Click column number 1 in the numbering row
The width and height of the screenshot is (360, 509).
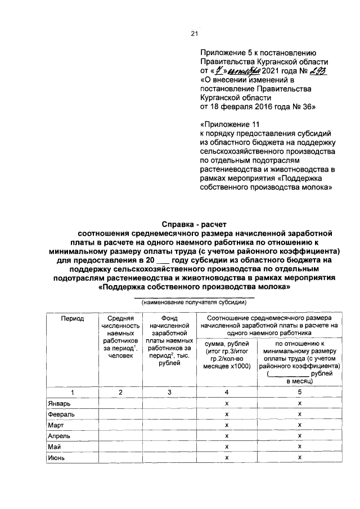[73, 392]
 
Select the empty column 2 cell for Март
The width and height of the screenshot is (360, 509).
[120, 426]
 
